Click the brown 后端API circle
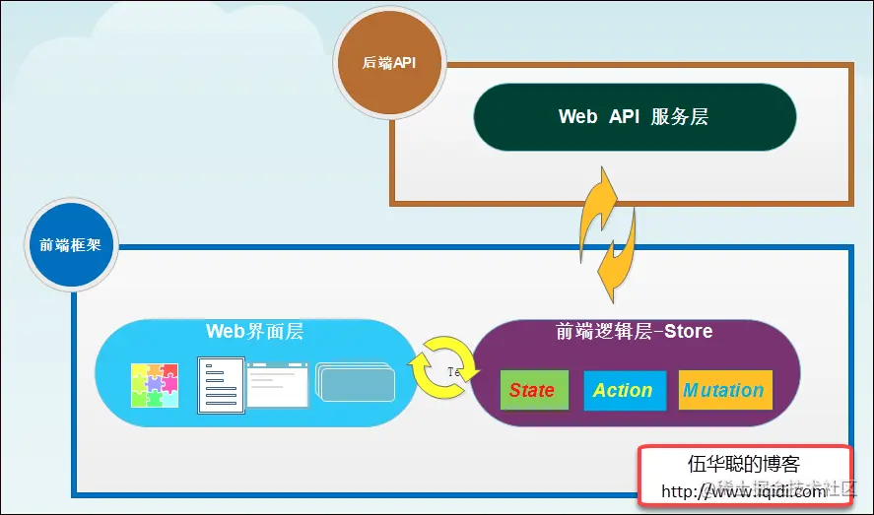point(389,62)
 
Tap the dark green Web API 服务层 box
point(634,117)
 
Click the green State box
point(533,390)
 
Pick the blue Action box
point(623,390)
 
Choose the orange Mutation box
point(724,390)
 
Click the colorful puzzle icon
point(155,385)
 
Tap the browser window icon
point(277,385)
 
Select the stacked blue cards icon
point(355,384)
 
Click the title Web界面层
point(254,332)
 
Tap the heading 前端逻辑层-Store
point(634,332)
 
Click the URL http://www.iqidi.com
point(743,491)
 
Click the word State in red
point(532,390)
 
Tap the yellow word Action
point(623,390)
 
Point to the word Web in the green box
point(577,117)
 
